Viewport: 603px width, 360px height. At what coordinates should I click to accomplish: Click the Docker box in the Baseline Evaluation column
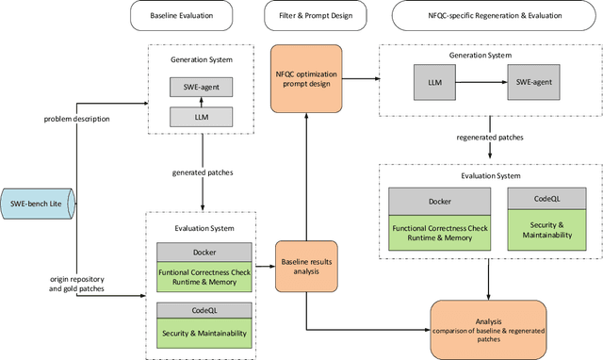pyautogui.click(x=204, y=252)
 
